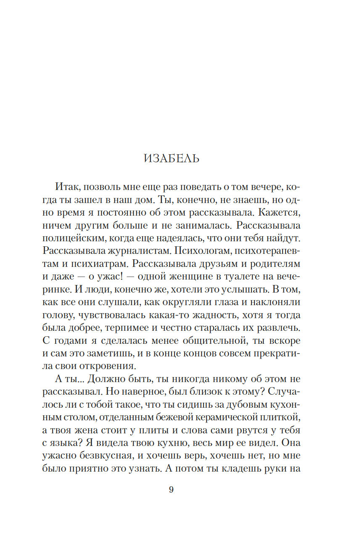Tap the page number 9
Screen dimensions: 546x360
(x=171, y=489)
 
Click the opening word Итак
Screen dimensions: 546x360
(x=67, y=187)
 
